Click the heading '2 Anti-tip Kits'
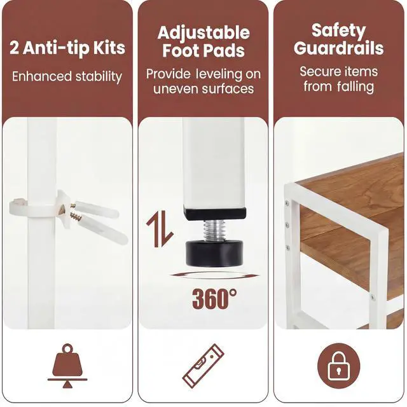pos(67,48)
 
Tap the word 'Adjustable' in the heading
pos(203,33)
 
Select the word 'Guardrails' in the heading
pos(339,48)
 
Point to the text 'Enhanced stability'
pos(67,76)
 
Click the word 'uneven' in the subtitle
pos(176,89)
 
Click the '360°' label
pos(214,298)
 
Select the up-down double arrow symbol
pos(160,229)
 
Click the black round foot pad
pos(214,253)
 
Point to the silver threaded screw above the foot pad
pos(214,230)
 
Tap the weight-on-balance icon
pos(67,366)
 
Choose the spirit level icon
pos(203,366)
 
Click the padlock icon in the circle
pos(339,366)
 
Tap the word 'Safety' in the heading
pos(338,31)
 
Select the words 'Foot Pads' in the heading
pos(203,50)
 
